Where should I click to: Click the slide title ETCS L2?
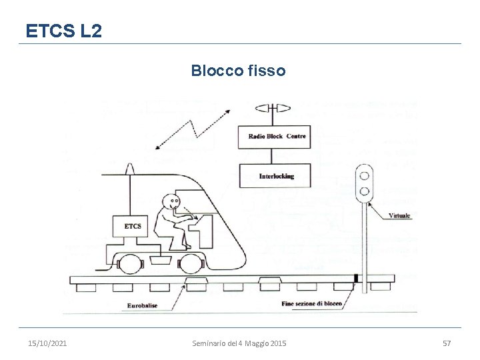coord(63,31)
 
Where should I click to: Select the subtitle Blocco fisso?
coord(238,71)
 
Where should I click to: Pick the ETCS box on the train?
coord(133,227)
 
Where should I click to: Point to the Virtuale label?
coord(399,215)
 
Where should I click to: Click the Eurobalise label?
coord(141,306)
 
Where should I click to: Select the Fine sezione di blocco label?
coord(311,304)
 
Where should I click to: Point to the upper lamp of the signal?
coord(365,175)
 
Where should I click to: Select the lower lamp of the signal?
coord(365,192)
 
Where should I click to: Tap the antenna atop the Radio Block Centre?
coord(273,108)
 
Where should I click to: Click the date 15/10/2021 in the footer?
coord(47,343)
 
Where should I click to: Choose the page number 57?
coord(447,343)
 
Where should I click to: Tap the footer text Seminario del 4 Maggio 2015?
coord(239,343)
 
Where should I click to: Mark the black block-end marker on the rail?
coord(356,277)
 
